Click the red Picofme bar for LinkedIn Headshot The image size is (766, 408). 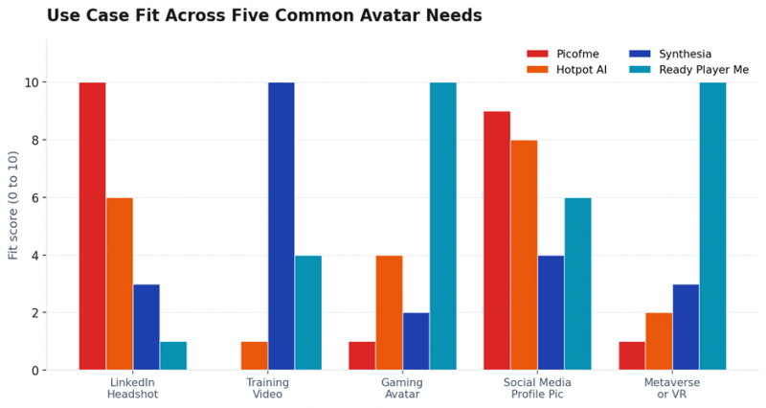(x=92, y=226)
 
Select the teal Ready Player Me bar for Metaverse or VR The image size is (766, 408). (x=712, y=226)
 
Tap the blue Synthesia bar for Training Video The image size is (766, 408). (x=281, y=226)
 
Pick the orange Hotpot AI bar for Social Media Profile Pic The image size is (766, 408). (x=524, y=255)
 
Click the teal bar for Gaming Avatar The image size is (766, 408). (x=443, y=226)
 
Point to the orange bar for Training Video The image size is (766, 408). (x=254, y=355)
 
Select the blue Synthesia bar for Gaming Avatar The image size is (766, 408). (x=417, y=342)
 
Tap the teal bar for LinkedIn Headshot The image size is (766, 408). (x=173, y=355)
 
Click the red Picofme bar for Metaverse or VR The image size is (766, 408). (x=632, y=355)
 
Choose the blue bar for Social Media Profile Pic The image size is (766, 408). (x=552, y=313)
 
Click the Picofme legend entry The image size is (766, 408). (x=562, y=54)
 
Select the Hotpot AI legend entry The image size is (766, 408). (x=566, y=70)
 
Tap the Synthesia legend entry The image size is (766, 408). (x=669, y=54)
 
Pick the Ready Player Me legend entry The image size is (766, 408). (x=688, y=70)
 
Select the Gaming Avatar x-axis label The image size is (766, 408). (x=402, y=388)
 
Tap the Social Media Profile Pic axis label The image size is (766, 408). (x=537, y=388)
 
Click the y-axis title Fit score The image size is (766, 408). (x=13, y=205)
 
